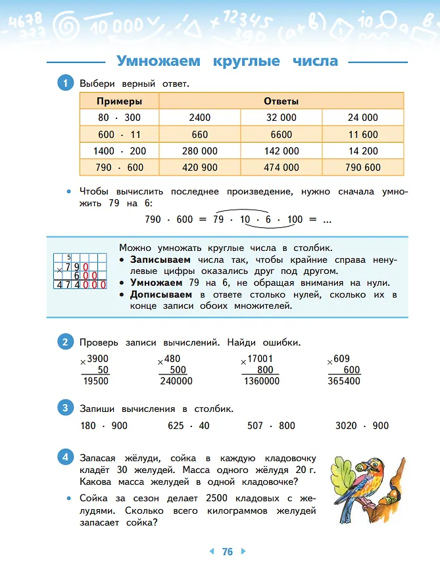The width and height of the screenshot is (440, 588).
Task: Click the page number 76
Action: click(x=227, y=552)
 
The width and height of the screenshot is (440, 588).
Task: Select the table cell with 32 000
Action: click(x=281, y=118)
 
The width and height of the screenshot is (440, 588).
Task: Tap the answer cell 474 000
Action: click(x=281, y=168)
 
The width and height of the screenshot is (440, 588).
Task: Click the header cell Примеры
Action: click(x=118, y=101)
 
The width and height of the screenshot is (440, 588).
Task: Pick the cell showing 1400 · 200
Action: click(x=119, y=151)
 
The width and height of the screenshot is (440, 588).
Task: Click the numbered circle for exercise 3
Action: click(x=65, y=408)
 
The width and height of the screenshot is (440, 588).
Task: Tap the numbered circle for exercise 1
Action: click(x=65, y=83)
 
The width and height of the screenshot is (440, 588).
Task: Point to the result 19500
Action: click(x=96, y=381)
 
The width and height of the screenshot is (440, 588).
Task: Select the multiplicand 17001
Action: click(x=260, y=359)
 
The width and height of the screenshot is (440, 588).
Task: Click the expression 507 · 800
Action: click(x=271, y=426)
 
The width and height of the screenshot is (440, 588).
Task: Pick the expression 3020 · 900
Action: click(x=362, y=426)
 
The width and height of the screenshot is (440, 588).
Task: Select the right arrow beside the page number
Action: click(x=243, y=552)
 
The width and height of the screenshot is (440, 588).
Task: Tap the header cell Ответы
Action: click(x=281, y=101)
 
